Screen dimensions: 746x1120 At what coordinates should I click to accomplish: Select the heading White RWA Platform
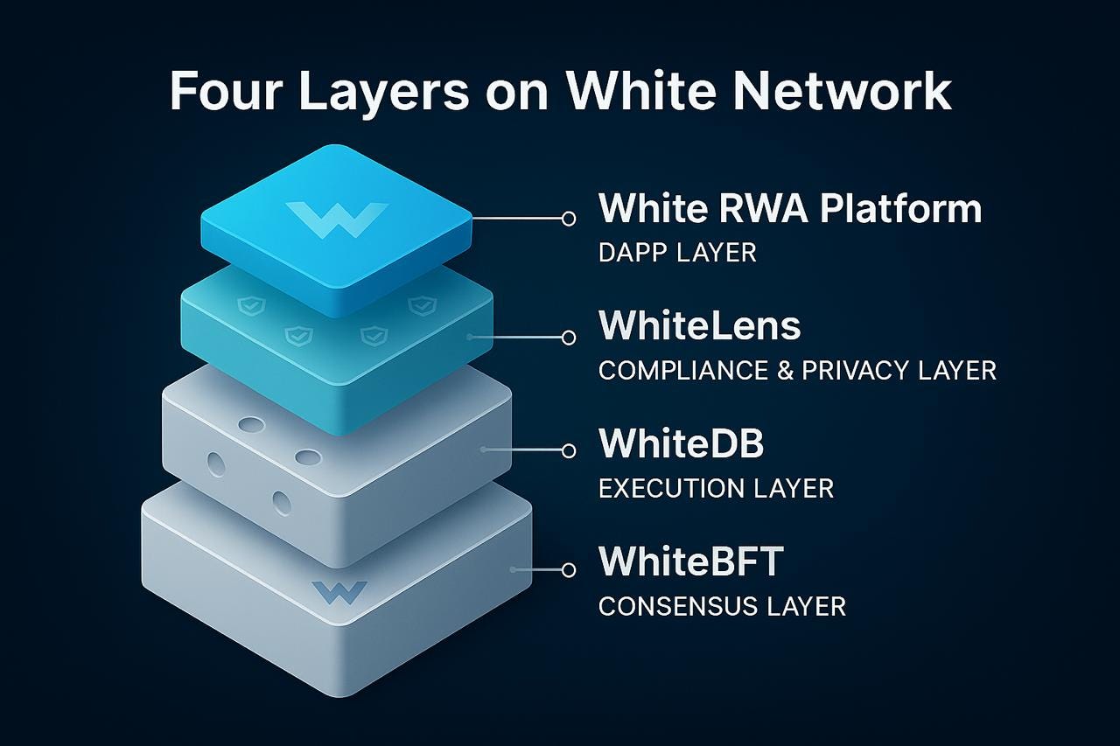click(789, 209)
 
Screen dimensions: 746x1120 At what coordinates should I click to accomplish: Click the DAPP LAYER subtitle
click(677, 253)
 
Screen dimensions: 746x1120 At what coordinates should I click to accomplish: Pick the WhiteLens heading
click(699, 325)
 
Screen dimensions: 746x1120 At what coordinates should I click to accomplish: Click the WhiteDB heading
click(681, 443)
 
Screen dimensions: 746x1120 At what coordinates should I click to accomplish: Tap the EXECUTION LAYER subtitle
click(716, 488)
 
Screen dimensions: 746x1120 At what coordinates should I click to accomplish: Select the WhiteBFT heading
click(690, 561)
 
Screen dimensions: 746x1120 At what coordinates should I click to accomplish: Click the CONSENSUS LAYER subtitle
click(722, 606)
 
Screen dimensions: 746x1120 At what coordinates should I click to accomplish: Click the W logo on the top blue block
click(336, 219)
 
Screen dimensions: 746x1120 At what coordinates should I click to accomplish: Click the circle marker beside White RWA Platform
click(569, 218)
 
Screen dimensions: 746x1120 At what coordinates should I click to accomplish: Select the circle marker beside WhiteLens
click(569, 337)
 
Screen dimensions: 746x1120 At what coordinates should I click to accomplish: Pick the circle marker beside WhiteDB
click(569, 450)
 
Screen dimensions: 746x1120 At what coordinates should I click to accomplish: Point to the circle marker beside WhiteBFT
click(569, 569)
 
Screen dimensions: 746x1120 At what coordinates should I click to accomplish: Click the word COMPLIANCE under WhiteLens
click(679, 370)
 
